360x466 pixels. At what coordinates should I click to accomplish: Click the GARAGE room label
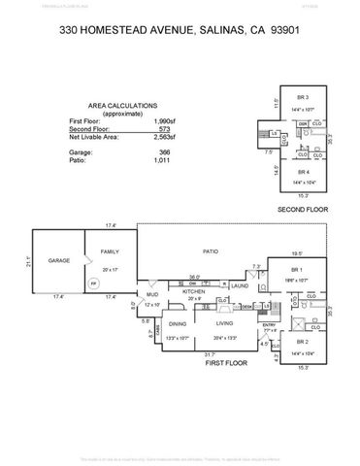tap(58, 261)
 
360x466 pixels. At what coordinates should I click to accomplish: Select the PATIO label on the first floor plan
tap(210, 250)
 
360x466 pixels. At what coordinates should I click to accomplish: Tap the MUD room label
tap(151, 293)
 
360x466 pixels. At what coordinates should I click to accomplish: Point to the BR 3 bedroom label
tap(303, 98)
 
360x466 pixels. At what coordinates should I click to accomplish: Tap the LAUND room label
tap(239, 285)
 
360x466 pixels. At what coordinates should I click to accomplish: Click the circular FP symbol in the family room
tap(93, 283)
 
